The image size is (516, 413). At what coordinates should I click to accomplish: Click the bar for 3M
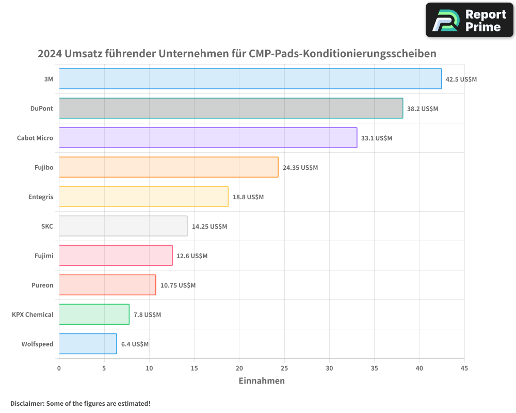click(250, 79)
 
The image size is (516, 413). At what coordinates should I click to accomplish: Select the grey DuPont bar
click(231, 108)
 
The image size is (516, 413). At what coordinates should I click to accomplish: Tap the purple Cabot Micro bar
click(208, 138)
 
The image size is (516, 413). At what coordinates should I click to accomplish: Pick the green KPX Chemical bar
click(94, 314)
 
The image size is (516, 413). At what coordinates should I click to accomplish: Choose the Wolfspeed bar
click(88, 344)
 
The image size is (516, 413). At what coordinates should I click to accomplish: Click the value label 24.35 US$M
click(300, 168)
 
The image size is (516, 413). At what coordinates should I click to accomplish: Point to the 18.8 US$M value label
click(248, 197)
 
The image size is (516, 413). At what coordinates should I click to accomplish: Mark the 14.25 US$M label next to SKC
click(209, 227)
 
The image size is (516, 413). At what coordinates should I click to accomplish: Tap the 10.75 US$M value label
click(178, 285)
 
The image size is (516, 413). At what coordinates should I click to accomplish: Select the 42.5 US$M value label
click(461, 80)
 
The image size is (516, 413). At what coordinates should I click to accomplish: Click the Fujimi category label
click(42, 256)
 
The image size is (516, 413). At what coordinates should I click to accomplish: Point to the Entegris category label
click(41, 197)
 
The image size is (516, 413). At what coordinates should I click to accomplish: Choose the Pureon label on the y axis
click(42, 285)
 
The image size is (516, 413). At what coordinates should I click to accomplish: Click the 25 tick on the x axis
click(284, 368)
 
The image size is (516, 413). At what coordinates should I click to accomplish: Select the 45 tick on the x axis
click(464, 368)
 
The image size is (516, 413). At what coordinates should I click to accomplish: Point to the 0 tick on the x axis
click(59, 368)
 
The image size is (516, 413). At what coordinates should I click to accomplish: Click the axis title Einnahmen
click(262, 381)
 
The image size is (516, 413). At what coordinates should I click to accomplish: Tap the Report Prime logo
click(470, 20)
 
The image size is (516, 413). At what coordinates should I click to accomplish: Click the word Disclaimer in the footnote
click(27, 403)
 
